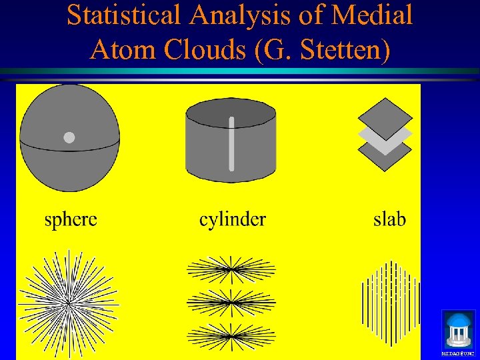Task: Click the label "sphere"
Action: [x=71, y=219]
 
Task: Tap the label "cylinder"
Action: [x=233, y=219]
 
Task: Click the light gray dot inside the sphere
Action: [x=69, y=138]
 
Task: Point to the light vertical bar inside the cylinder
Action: [x=231, y=143]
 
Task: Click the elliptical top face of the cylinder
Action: [x=231, y=113]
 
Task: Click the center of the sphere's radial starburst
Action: [x=68, y=301]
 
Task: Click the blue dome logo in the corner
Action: [x=458, y=328]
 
